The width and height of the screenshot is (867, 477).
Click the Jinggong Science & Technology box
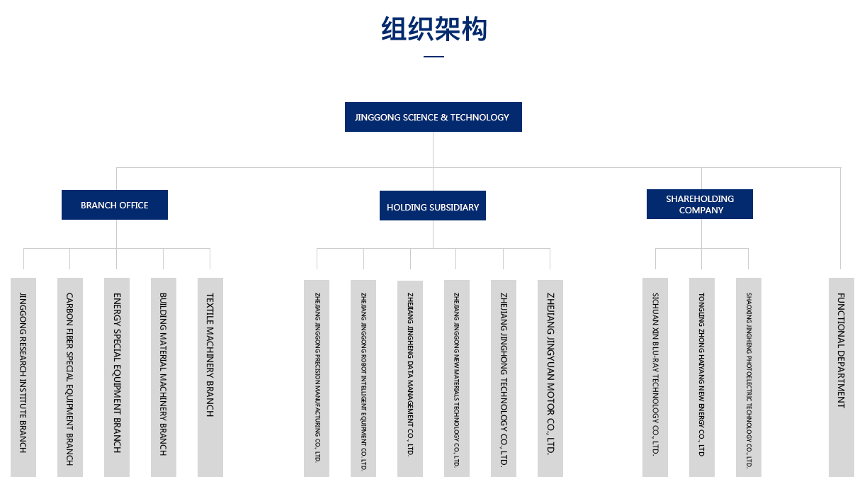pyautogui.click(x=433, y=117)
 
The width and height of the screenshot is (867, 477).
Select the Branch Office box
pyautogui.click(x=115, y=205)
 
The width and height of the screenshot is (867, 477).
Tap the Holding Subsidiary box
pyautogui.click(x=433, y=207)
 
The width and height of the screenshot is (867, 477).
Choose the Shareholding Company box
pyautogui.click(x=699, y=204)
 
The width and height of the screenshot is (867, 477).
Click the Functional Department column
pyautogui.click(x=841, y=376)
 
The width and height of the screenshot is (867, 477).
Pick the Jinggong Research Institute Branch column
pyautogui.click(x=23, y=376)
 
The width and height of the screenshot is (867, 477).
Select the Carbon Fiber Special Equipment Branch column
pyautogui.click(x=69, y=376)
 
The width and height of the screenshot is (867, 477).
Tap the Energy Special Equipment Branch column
pyautogui.click(x=117, y=376)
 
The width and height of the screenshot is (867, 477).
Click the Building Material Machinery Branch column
pyautogui.click(x=164, y=376)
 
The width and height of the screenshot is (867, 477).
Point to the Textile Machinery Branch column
pyautogui.click(x=210, y=376)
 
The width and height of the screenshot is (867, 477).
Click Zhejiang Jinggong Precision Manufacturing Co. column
pyautogui.click(x=317, y=377)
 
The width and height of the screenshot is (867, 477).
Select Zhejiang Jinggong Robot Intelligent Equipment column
pyautogui.click(x=363, y=377)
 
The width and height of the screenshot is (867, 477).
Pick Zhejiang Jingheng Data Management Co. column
pyautogui.click(x=410, y=377)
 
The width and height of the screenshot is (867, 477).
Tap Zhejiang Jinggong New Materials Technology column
pyautogui.click(x=457, y=377)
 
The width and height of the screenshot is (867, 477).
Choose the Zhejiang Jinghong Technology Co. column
pyautogui.click(x=504, y=377)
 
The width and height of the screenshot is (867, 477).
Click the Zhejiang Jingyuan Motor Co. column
pyautogui.click(x=550, y=377)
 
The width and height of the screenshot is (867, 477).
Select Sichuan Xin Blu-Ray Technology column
pyautogui.click(x=655, y=376)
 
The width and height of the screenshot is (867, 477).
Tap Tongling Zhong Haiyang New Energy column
pyautogui.click(x=702, y=376)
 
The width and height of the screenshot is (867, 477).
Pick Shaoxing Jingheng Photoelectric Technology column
pyautogui.click(x=748, y=376)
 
